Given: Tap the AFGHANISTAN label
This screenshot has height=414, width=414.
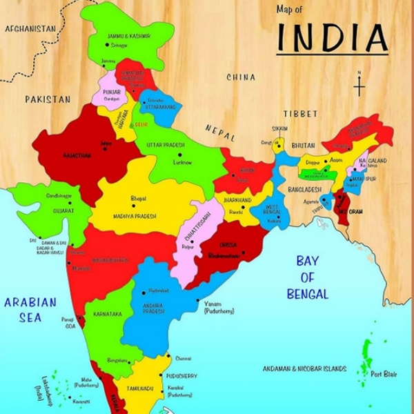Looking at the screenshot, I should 30,29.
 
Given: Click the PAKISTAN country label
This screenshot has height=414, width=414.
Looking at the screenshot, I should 48,99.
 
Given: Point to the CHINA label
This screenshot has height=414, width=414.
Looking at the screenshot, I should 241,77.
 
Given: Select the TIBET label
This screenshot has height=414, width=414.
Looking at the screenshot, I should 300,113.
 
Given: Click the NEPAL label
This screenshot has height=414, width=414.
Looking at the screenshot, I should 220,132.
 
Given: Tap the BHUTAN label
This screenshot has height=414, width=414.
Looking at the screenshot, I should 303,146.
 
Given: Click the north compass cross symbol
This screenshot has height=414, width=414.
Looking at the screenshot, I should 359,87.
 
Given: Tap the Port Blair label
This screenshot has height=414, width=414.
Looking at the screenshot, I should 384,374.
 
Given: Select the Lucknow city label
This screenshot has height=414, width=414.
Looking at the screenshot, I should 181,161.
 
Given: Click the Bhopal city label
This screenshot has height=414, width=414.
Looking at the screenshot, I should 138,198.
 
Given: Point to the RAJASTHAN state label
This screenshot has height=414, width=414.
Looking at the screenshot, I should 77,156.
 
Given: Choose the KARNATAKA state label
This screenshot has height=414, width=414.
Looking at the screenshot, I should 108,314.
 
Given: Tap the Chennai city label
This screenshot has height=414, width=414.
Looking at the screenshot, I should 183,359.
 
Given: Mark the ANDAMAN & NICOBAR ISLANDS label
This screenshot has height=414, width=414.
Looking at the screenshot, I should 305,369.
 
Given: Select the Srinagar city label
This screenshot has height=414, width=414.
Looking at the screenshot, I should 119,46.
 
